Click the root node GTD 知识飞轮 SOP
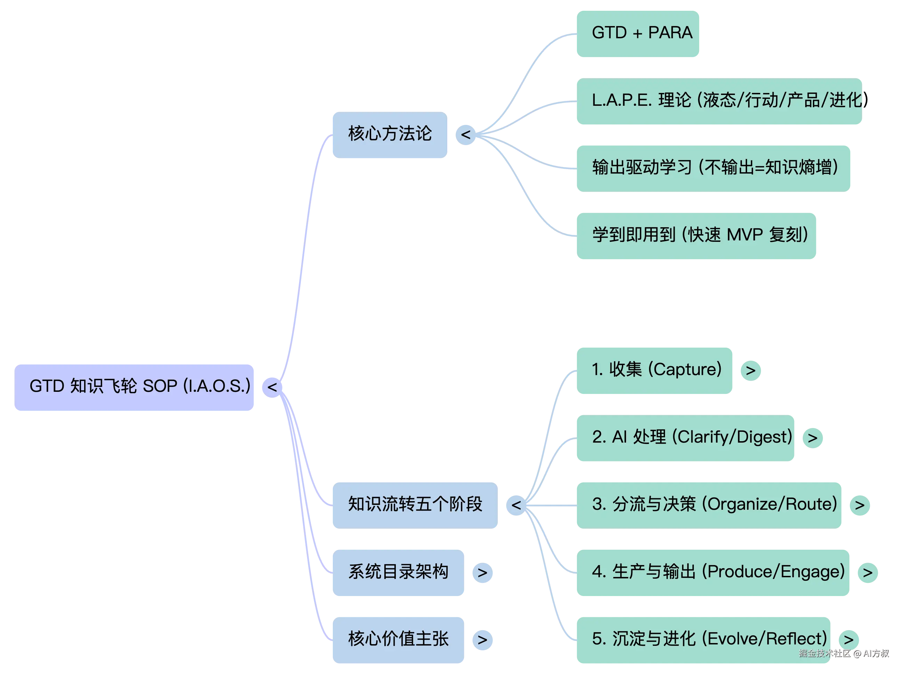[135, 386]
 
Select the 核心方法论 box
[390, 134]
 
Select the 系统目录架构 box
[398, 572]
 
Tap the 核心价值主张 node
[398, 639]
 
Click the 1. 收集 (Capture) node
[655, 370]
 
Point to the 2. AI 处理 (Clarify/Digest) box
[685, 438]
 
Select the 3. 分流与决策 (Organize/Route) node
[709, 505]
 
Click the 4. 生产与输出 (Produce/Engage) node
[713, 572]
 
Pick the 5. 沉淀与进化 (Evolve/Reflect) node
[704, 639]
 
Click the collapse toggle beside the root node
[272, 386]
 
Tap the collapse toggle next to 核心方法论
[465, 134]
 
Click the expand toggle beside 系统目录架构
[482, 573]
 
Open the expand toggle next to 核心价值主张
[482, 640]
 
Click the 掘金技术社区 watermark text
[824, 653]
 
